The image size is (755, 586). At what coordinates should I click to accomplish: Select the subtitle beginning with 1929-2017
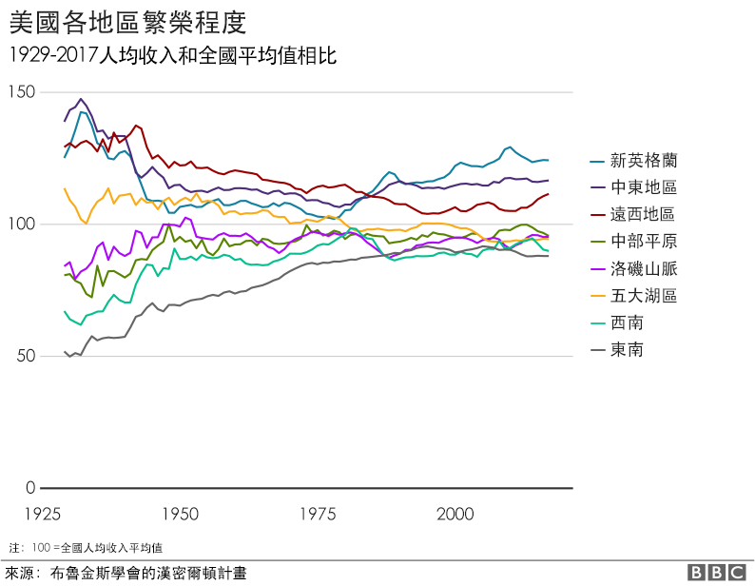(171, 56)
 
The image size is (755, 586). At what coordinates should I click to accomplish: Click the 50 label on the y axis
(25, 356)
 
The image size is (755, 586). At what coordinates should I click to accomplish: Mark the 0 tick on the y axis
(30, 488)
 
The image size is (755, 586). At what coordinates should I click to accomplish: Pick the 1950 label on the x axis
(180, 514)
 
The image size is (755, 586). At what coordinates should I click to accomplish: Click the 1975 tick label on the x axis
(318, 514)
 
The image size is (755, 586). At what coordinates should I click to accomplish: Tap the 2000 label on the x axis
(455, 514)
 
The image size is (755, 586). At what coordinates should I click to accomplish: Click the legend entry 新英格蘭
(643, 160)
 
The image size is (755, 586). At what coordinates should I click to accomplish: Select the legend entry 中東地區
(643, 187)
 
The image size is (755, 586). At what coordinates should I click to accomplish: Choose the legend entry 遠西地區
(643, 214)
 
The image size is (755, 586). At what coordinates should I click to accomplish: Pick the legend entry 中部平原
(643, 242)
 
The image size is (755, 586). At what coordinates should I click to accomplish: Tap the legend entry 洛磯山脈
(643, 269)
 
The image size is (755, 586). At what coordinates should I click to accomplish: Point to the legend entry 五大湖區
(643, 296)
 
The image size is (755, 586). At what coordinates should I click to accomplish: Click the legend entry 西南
(627, 323)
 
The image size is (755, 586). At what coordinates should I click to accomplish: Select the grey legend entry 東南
(627, 350)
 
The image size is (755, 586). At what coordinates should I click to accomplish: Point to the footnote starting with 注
(86, 548)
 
